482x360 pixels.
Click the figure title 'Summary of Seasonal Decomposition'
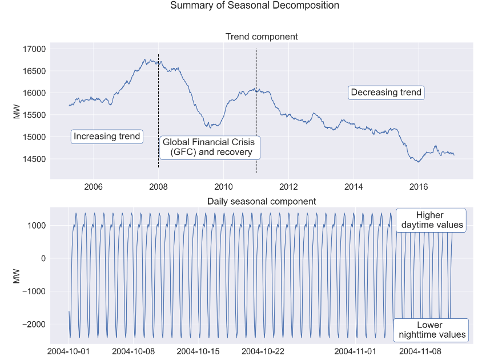coord(254,6)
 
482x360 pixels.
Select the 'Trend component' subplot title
coord(262,37)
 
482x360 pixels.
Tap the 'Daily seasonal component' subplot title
coord(262,201)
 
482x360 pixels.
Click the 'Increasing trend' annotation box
coord(107,137)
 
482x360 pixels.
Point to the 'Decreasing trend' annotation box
coord(386,93)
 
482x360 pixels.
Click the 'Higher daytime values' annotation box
coord(431,220)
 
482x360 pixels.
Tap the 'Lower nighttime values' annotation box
coord(431,330)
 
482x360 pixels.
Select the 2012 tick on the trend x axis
coord(288,187)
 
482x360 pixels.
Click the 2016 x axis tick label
coord(419,187)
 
